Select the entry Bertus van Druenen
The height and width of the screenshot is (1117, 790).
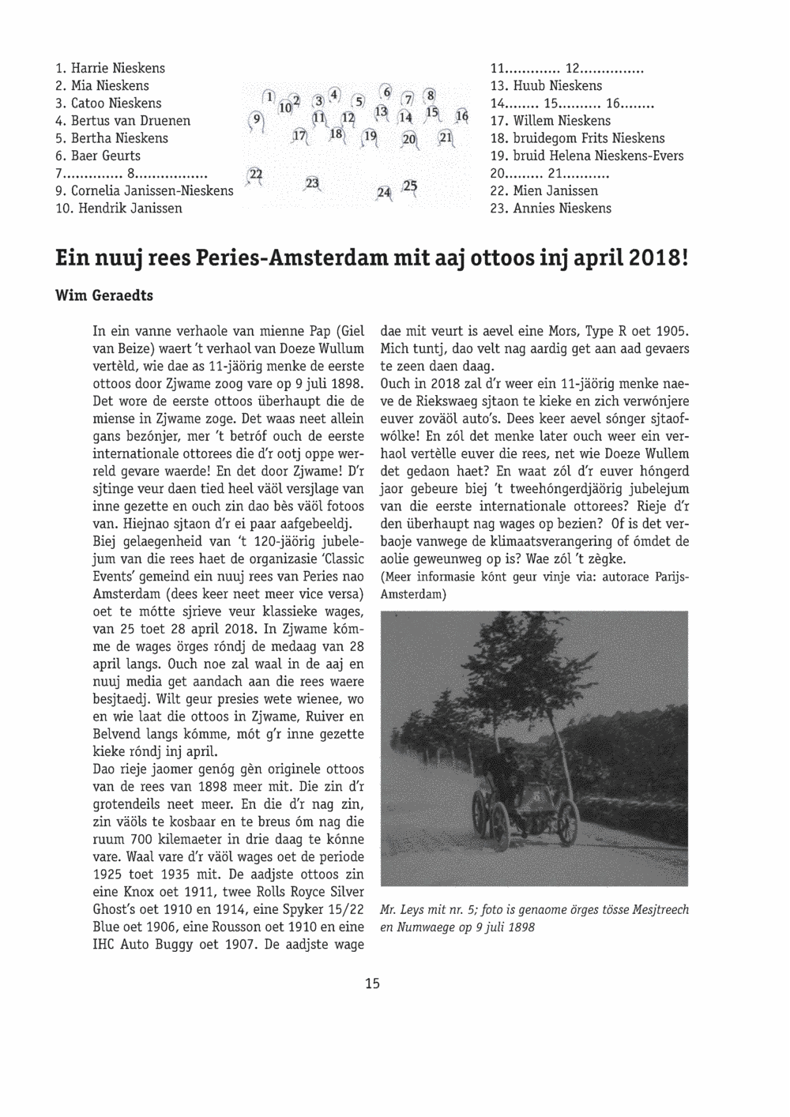[130, 121]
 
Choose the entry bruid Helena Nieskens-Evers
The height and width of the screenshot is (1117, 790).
[596, 156]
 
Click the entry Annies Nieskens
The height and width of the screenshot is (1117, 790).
[560, 209]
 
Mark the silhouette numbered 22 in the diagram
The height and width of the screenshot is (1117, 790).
[255, 175]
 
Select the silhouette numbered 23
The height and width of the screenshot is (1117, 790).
[312, 184]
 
